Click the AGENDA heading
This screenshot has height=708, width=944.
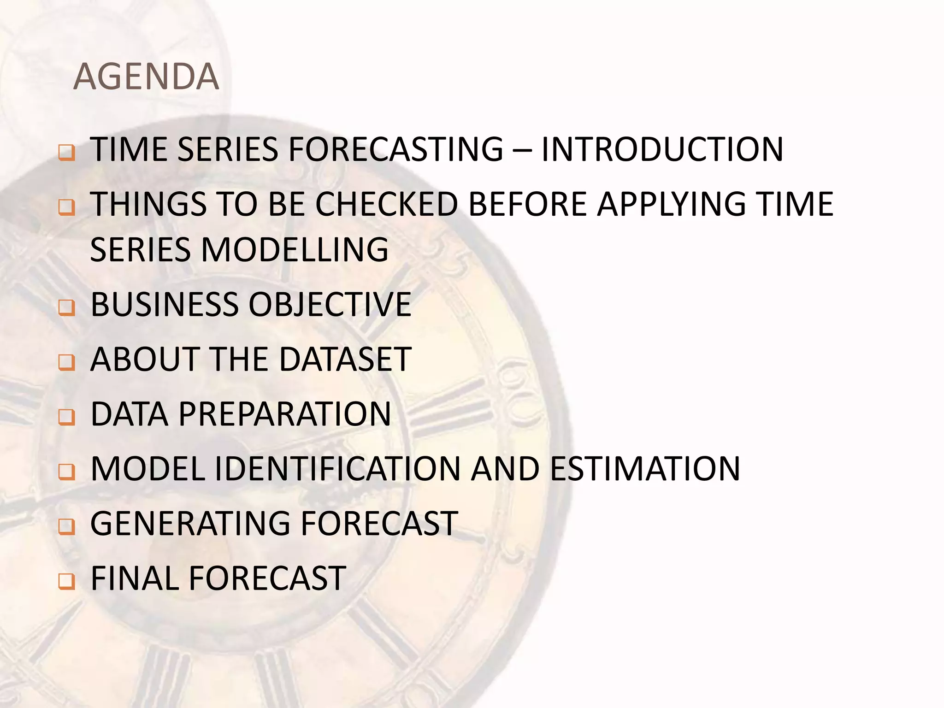[x=146, y=77]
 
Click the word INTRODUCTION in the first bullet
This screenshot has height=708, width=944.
[x=662, y=149]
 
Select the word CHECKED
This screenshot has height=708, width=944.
[x=386, y=204]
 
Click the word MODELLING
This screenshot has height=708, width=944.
[x=295, y=249]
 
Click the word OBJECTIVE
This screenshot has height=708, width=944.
[x=330, y=305]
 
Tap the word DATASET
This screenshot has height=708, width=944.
[x=345, y=359]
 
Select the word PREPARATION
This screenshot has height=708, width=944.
[x=285, y=414]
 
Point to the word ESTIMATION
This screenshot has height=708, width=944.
[x=645, y=469]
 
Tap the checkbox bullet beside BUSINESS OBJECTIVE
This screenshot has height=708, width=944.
[x=67, y=307]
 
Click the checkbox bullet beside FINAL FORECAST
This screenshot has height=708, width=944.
[x=67, y=581]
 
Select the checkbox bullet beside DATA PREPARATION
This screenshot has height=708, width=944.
[x=67, y=416]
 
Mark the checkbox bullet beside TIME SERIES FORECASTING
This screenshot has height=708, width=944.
[x=67, y=152]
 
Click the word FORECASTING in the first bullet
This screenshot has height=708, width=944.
[x=396, y=149]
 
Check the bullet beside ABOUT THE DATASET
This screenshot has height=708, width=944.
[x=67, y=362]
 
